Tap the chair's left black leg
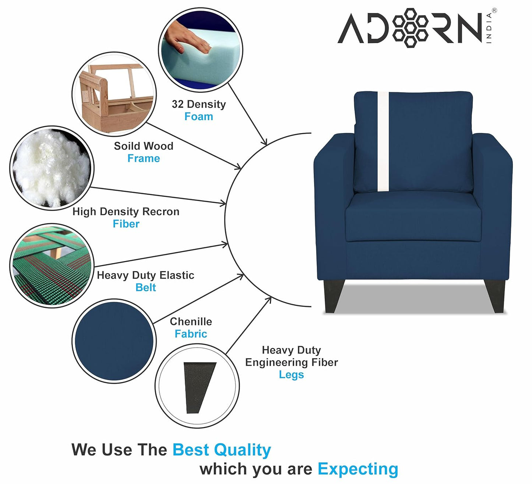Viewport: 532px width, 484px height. [x=334, y=296]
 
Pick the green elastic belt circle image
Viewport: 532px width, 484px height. [x=52, y=266]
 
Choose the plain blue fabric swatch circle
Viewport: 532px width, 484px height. [x=114, y=341]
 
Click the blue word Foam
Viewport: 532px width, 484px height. [x=199, y=116]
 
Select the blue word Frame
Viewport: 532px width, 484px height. [x=144, y=158]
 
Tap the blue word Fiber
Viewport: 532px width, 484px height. [x=126, y=224]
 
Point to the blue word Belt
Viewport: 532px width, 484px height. [x=145, y=288]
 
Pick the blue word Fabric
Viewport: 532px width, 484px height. [x=191, y=334]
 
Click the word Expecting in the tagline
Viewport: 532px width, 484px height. [x=358, y=469]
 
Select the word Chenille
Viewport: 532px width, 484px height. [x=191, y=322]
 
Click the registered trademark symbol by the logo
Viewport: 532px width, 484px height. [x=494, y=11]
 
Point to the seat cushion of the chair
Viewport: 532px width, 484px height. [x=413, y=218]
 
